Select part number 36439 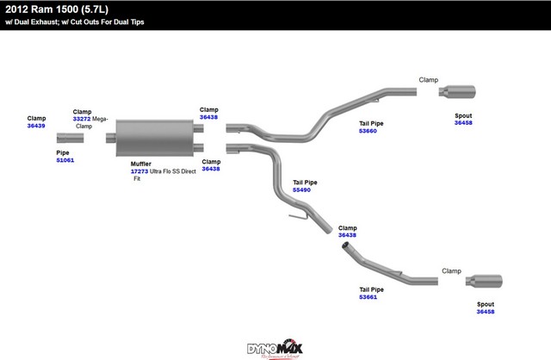point(35,126)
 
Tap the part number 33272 point(83,119)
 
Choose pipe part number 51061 point(65,160)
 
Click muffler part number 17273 point(139,171)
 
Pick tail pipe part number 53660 point(368,131)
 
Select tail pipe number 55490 point(302,189)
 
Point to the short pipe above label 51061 point(71,138)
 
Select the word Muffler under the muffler point(141,164)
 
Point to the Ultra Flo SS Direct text point(174,171)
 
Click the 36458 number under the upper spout point(464,123)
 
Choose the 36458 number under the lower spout point(486,312)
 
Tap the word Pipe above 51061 point(62,152)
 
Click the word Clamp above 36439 point(36,118)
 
